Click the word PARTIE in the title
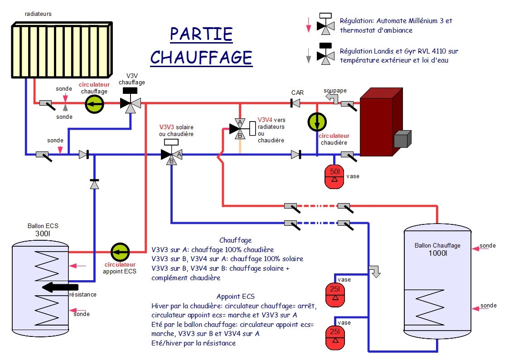201,34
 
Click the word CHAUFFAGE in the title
201,58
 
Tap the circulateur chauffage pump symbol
95,104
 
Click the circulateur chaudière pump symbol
317,121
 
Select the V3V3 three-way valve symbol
171,154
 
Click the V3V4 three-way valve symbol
240,128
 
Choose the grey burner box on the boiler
402,139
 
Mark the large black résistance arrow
60,287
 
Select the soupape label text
335,91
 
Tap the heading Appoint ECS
235,297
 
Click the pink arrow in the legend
309,25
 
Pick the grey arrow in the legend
309,56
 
